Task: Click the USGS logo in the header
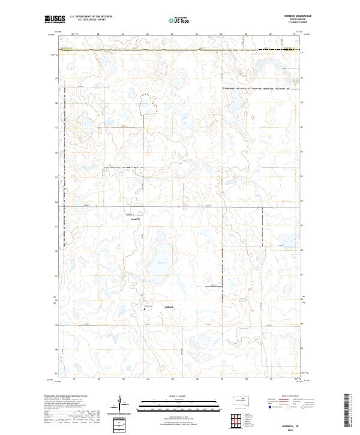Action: coord(55,19)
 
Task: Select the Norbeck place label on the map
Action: coord(136,219)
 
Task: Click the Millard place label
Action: coord(169,308)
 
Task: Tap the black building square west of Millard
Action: coord(144,309)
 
